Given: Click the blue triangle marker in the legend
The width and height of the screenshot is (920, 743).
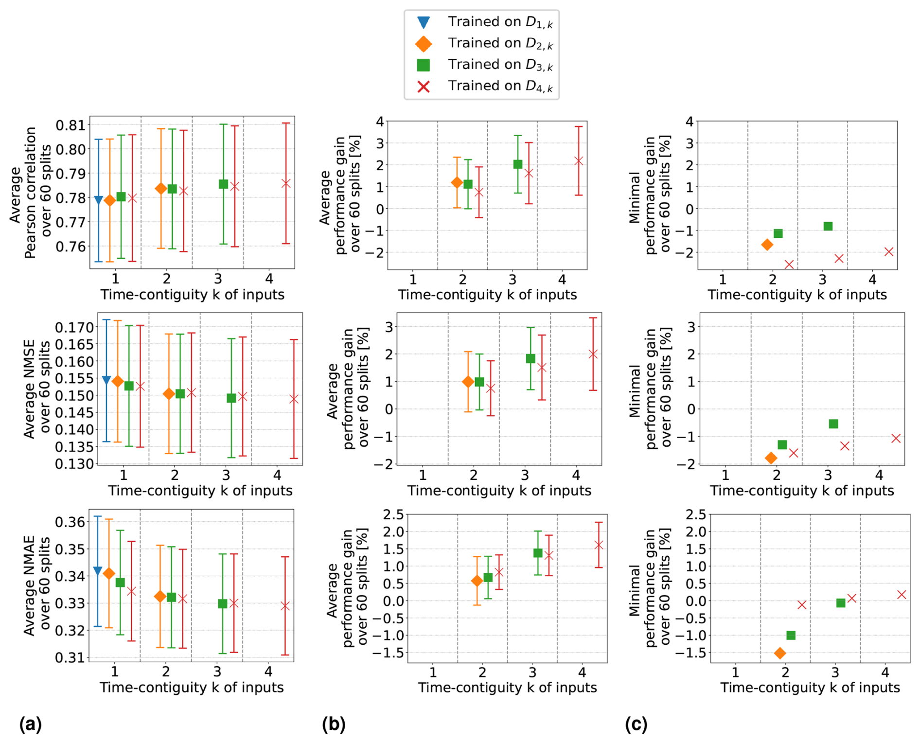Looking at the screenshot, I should click(x=424, y=22).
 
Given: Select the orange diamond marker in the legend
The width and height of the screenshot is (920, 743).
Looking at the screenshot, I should click(x=424, y=44).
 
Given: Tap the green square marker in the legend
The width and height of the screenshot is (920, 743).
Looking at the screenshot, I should click(x=424, y=65).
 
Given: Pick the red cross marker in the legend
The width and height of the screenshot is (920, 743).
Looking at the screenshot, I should click(x=424, y=87).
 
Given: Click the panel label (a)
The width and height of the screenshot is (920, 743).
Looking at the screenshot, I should click(x=31, y=725).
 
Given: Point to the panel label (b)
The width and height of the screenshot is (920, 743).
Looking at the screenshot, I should click(x=334, y=725).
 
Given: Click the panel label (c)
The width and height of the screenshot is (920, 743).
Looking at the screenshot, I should click(x=636, y=725).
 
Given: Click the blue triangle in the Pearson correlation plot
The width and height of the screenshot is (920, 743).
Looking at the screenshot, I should click(x=98, y=200).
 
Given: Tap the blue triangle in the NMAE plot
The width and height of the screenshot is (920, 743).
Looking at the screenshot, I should click(x=97, y=571).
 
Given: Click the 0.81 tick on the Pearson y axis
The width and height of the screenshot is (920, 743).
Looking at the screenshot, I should click(x=70, y=125).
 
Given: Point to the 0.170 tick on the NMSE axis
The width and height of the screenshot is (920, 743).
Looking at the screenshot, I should click(x=74, y=327).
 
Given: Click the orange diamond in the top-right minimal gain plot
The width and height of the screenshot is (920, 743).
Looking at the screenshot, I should click(x=767, y=245).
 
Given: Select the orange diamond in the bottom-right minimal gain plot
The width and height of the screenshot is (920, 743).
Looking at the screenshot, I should click(x=779, y=653).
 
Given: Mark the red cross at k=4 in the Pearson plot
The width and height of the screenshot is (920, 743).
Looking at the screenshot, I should click(x=286, y=183).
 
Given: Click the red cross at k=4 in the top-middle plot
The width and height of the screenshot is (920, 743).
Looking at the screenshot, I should click(x=579, y=161).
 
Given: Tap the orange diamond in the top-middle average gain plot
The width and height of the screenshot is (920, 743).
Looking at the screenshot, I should click(x=457, y=183).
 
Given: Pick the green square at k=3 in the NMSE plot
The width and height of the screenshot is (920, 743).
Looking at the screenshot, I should click(x=231, y=398).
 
